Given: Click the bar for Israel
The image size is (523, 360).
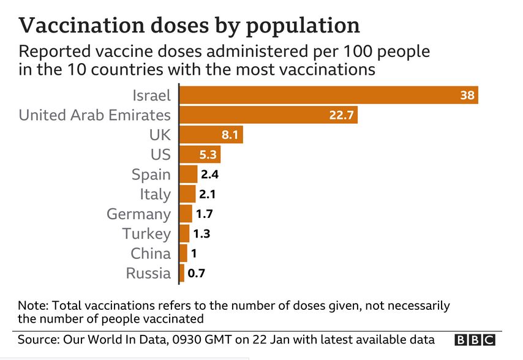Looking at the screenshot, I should (x=328, y=96).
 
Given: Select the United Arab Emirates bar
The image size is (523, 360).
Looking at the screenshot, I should (x=268, y=115).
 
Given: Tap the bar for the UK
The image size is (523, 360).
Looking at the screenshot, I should (x=211, y=135).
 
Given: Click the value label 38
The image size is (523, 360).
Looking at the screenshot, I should (x=468, y=96).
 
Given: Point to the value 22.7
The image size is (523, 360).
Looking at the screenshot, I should (x=341, y=115).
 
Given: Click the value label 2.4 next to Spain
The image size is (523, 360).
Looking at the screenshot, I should (x=210, y=174).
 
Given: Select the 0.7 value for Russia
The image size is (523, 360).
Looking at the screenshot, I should (x=196, y=273).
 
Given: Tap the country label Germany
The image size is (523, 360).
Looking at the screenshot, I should (x=138, y=214).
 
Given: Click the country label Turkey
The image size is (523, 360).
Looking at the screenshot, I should (x=146, y=234).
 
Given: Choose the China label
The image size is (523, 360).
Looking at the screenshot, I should (x=151, y=253).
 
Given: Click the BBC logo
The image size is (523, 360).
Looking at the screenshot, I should (x=475, y=340).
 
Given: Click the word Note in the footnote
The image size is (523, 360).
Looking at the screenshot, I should (x=30, y=306).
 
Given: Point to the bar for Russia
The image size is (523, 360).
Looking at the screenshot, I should (x=182, y=273).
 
